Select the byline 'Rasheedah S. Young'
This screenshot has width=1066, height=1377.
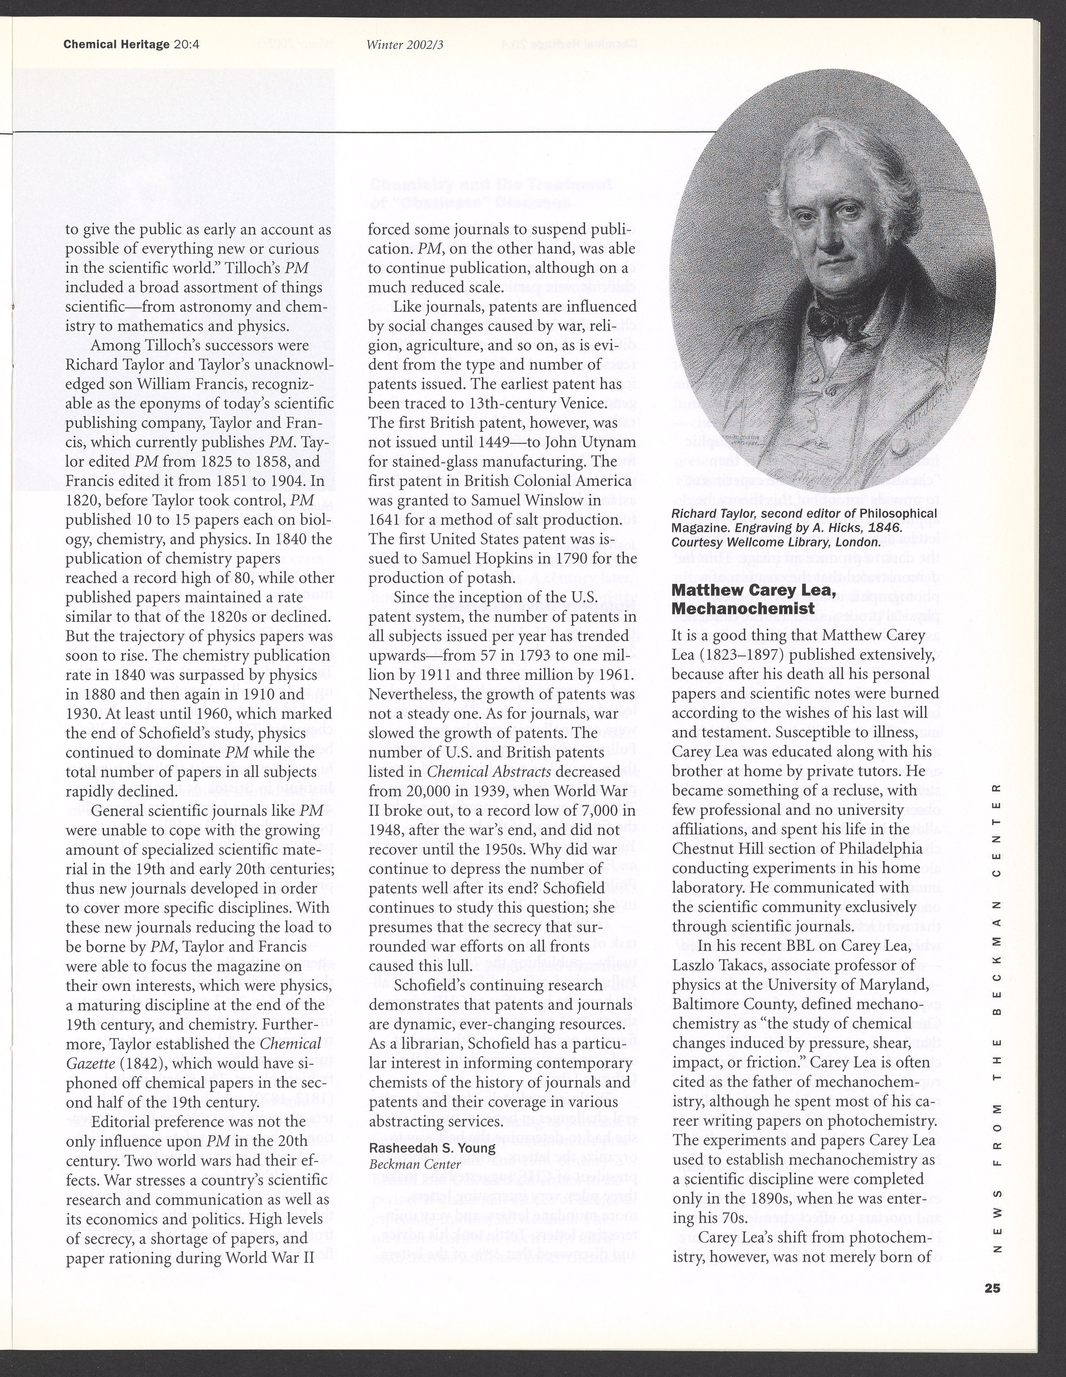[x=432, y=1148]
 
